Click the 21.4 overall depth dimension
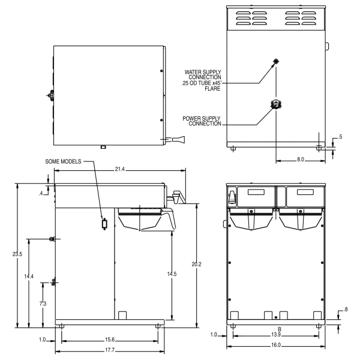[x=119, y=169]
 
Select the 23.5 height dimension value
[x=17, y=254]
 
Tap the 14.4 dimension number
[x=29, y=277]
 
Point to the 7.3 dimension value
[x=43, y=304]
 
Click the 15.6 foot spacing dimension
[x=110, y=340]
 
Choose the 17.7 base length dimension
[x=110, y=350]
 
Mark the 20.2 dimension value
[x=196, y=265]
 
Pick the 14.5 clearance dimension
[x=172, y=274]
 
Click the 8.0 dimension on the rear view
[x=301, y=160]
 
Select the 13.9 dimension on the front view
[x=276, y=335]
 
